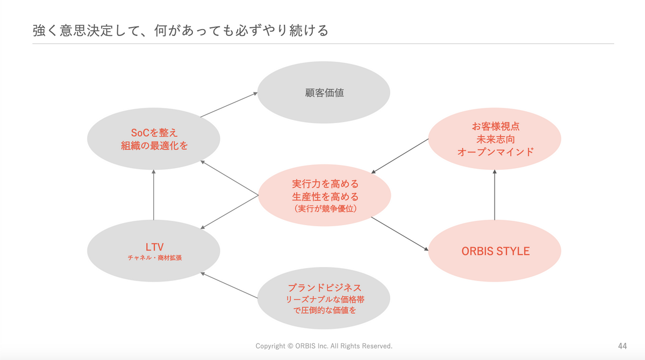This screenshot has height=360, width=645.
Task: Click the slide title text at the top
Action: coord(180,30)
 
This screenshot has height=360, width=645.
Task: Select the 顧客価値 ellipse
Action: coord(324,92)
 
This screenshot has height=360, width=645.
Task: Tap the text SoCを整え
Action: coord(154,132)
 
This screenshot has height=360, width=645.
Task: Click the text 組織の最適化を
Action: coord(154,145)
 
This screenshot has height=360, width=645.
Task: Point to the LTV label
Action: coord(154,247)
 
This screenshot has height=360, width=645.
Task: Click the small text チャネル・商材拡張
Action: coord(154,258)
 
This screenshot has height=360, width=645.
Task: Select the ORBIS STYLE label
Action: coord(495,251)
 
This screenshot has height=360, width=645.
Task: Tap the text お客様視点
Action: coord(495,127)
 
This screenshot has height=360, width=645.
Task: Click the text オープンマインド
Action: coord(495,152)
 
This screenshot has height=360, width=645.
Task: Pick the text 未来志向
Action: coord(495,139)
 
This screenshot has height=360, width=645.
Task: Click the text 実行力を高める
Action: coord(325,184)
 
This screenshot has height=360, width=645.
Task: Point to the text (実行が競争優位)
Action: coord(325,208)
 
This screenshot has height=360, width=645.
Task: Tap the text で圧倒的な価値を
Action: coord(324,310)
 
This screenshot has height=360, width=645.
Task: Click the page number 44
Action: coord(622,345)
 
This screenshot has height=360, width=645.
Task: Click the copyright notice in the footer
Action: coord(324,345)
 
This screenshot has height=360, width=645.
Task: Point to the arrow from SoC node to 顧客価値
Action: coord(229,105)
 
